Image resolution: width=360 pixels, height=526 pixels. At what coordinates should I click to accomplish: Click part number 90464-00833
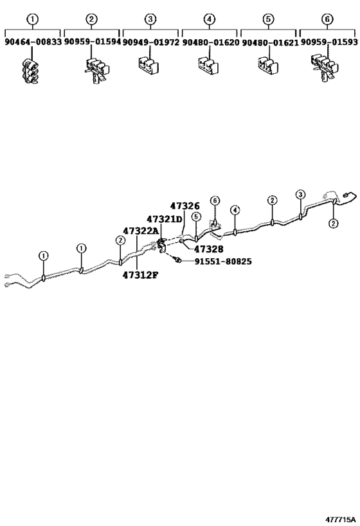pyautogui.click(x=33, y=42)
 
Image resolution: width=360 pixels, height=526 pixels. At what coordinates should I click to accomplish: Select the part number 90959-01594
pyautogui.click(x=93, y=42)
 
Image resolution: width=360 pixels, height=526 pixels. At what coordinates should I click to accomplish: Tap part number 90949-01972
pyautogui.click(x=151, y=42)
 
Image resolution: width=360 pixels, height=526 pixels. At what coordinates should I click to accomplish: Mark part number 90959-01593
pyautogui.click(x=328, y=42)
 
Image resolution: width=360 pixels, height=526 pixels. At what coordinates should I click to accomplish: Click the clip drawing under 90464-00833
pyautogui.click(x=31, y=71)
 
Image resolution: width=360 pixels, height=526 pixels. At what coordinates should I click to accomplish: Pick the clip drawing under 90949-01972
pyautogui.click(x=148, y=65)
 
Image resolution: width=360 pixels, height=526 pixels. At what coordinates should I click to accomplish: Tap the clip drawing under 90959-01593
pyautogui.click(x=325, y=67)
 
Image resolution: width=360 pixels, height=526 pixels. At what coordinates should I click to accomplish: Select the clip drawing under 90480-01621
pyautogui.click(x=269, y=65)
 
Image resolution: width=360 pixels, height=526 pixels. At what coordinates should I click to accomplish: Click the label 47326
pyautogui.click(x=184, y=206)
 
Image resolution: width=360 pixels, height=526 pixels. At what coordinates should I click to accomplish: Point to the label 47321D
pyautogui.click(x=164, y=219)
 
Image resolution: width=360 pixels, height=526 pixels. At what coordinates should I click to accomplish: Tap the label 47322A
pyautogui.click(x=140, y=231)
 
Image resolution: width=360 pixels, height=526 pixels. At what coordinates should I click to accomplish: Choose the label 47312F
pyautogui.click(x=140, y=275)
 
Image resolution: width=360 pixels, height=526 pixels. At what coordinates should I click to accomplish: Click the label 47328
pyautogui.click(x=208, y=249)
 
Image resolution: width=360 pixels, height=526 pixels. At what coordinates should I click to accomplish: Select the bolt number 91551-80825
pyautogui.click(x=223, y=261)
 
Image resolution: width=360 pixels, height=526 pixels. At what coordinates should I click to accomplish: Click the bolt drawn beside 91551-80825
pyautogui.click(x=177, y=259)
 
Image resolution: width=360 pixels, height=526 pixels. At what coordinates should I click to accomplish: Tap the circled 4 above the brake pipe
pyautogui.click(x=235, y=210)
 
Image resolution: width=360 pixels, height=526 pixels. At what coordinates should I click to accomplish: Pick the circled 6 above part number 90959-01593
pyautogui.click(x=327, y=19)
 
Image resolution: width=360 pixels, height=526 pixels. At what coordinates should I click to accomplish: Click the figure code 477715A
pyautogui.click(x=340, y=520)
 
